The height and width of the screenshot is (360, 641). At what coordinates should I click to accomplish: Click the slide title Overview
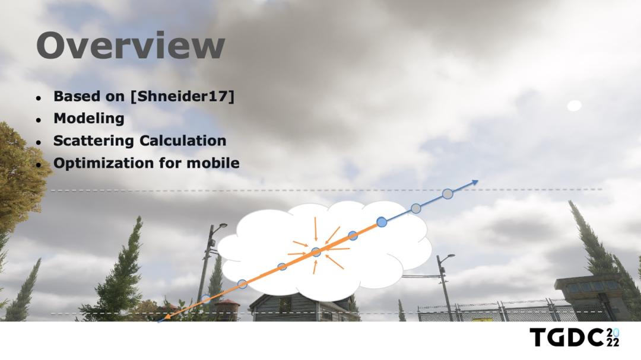[131, 45]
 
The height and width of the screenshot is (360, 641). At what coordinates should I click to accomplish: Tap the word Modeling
[88, 118]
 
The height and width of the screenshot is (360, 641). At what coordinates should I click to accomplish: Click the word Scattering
[94, 141]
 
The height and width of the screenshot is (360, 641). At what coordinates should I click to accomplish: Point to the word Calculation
[183, 141]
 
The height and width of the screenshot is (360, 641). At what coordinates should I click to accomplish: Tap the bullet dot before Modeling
[39, 120]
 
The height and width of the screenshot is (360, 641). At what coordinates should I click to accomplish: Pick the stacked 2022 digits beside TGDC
[613, 337]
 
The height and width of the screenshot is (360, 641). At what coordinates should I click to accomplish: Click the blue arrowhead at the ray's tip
[474, 182]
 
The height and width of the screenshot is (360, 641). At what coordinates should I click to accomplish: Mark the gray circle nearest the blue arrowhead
[448, 194]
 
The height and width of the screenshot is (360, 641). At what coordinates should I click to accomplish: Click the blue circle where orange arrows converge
[316, 251]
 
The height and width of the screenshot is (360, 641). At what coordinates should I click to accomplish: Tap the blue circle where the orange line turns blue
[382, 222]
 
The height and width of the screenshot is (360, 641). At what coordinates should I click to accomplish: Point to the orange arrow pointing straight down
[315, 229]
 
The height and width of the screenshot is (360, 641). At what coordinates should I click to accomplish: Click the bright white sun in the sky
[575, 106]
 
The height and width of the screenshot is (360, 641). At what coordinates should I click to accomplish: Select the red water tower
[226, 309]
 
